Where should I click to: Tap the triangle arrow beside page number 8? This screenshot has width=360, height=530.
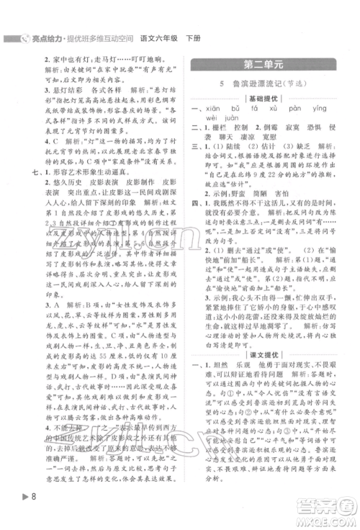coord(12,515)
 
